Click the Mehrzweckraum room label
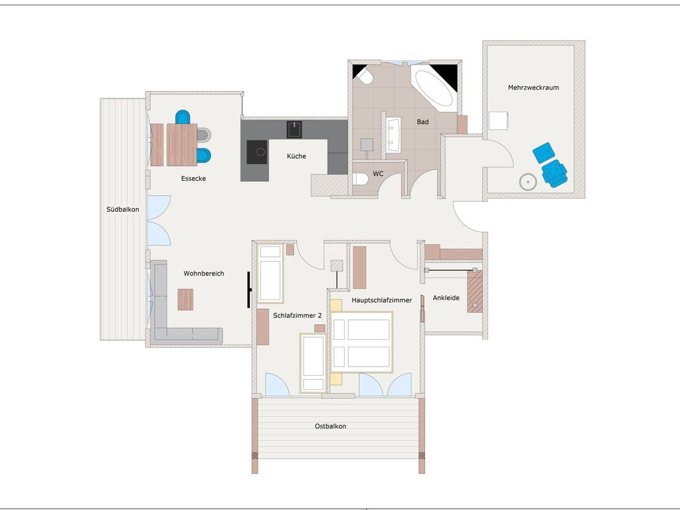click(x=533, y=88)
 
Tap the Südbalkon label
click(x=123, y=209)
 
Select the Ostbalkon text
click(x=331, y=426)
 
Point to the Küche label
click(x=297, y=156)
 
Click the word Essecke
click(x=193, y=178)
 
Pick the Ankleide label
click(x=446, y=298)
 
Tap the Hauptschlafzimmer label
click(x=382, y=300)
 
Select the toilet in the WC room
click(x=360, y=179)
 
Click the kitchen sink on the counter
click(x=294, y=129)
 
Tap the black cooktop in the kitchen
click(x=257, y=152)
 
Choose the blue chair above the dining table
click(x=183, y=117)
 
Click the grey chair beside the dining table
click(x=204, y=135)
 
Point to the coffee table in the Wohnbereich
click(x=185, y=299)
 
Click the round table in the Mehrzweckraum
click(x=528, y=182)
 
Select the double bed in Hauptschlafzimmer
click(x=362, y=342)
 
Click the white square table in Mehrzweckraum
click(x=498, y=121)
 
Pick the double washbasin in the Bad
click(x=394, y=134)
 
